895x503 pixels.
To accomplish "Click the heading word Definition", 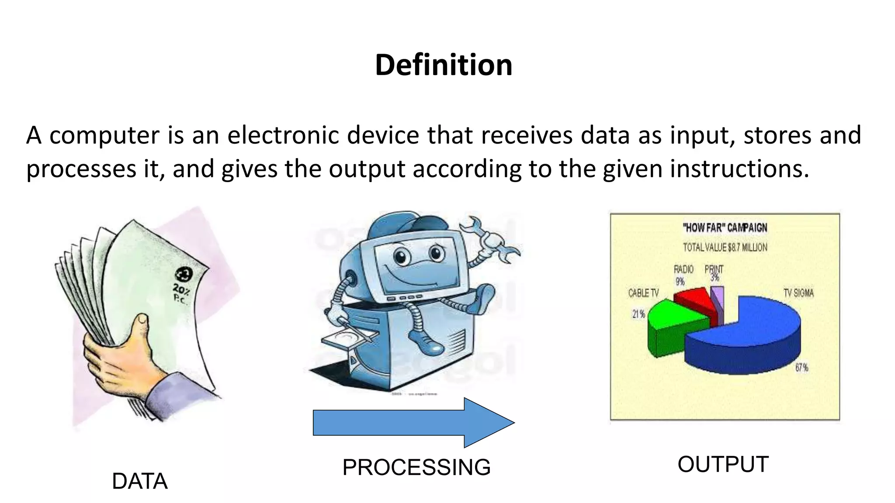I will (444, 65).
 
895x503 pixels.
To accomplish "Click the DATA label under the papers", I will (140, 481).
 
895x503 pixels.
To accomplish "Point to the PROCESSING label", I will (416, 467).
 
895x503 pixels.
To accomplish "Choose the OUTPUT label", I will (723, 464).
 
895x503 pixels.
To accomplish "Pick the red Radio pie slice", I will (695, 299).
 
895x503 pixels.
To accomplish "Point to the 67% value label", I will (801, 368).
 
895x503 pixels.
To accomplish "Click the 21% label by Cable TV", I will (638, 314).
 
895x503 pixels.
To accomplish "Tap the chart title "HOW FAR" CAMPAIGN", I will (725, 227).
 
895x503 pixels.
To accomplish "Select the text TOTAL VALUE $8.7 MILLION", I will (725, 248).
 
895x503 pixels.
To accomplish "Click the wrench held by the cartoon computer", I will (492, 240).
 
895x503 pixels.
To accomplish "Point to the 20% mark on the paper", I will (180, 289).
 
